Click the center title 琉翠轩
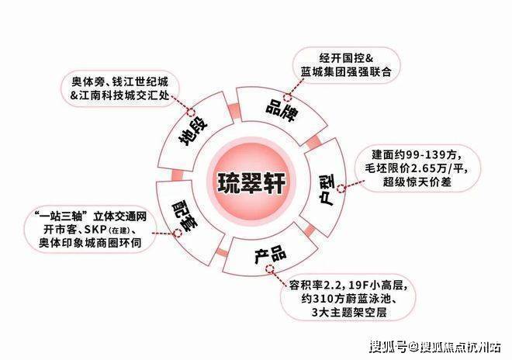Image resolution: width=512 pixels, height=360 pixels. (251, 182)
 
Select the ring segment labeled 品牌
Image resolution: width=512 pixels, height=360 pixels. (280, 110)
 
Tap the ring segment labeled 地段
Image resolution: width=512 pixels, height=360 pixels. (193, 131)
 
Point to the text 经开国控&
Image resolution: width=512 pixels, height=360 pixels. (346, 59)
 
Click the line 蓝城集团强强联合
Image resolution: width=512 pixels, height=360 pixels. (346, 72)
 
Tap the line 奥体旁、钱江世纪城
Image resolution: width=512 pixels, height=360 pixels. (119, 81)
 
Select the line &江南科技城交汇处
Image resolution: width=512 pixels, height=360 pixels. (119, 95)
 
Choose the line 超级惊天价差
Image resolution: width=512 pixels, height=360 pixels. (417, 182)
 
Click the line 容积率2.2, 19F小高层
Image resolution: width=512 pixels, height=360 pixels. (348, 286)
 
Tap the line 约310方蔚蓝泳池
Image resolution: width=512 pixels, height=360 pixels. (348, 299)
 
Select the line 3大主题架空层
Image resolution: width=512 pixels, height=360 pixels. (349, 313)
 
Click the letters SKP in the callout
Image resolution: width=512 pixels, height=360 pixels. (95, 230)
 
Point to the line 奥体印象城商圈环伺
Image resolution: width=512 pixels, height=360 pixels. (90, 243)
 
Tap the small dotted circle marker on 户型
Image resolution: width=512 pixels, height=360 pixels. (341, 189)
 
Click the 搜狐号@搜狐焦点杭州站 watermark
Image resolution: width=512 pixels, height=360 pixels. (435, 347)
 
